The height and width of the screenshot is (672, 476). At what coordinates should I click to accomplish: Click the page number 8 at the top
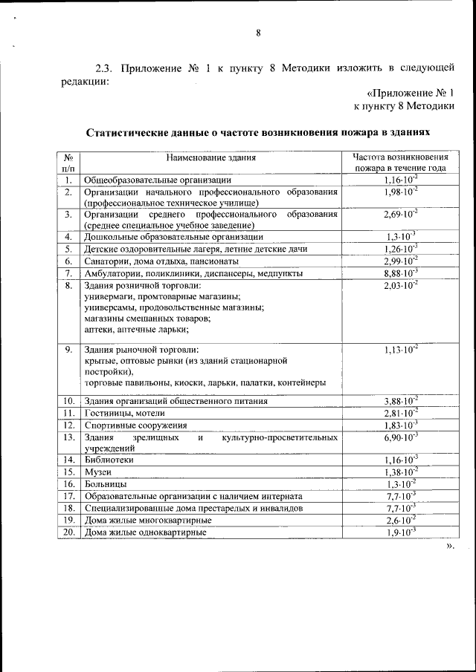pyautogui.click(x=258, y=32)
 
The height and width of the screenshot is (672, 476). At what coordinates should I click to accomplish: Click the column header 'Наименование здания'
pyautogui.click(x=210, y=157)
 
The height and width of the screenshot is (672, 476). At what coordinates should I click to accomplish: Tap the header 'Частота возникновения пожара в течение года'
pyautogui.click(x=400, y=163)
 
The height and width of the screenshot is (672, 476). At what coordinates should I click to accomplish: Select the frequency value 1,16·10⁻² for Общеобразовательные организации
pyautogui.click(x=400, y=180)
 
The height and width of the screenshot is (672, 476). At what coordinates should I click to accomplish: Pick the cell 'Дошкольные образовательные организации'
pyautogui.click(x=173, y=236)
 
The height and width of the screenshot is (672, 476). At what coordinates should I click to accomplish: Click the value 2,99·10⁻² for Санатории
pyautogui.click(x=400, y=261)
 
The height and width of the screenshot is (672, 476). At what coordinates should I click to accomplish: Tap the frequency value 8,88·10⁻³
pyautogui.click(x=400, y=273)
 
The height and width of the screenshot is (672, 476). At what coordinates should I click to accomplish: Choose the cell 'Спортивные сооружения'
pyautogui.click(x=135, y=425)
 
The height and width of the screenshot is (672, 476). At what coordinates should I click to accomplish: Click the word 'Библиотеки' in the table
pyautogui.click(x=110, y=460)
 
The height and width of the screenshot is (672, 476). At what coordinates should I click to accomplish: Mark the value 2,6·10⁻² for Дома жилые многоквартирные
pyautogui.click(x=400, y=520)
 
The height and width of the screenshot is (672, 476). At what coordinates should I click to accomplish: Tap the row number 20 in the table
pyautogui.click(x=68, y=532)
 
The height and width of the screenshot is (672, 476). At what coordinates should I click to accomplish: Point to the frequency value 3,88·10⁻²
pyautogui.click(x=400, y=400)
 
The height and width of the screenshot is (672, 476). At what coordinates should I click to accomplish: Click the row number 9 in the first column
pyautogui.click(x=68, y=350)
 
